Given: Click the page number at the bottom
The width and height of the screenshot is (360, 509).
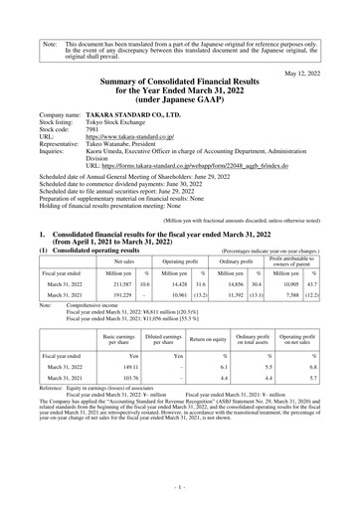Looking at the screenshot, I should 180,489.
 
